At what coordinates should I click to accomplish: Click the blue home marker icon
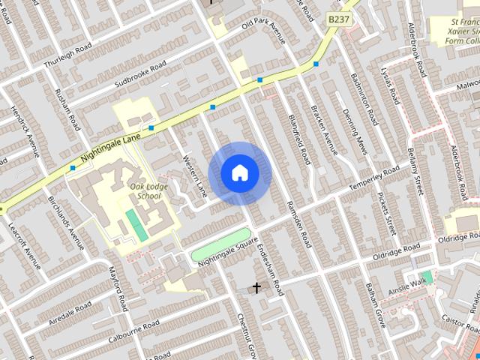coord(239,173)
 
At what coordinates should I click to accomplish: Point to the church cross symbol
coord(256,286)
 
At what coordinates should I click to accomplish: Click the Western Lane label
coord(194,176)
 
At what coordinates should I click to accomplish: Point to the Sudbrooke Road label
coord(141,74)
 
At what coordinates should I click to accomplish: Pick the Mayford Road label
coord(118,288)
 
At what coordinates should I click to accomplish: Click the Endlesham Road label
coord(267,267)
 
